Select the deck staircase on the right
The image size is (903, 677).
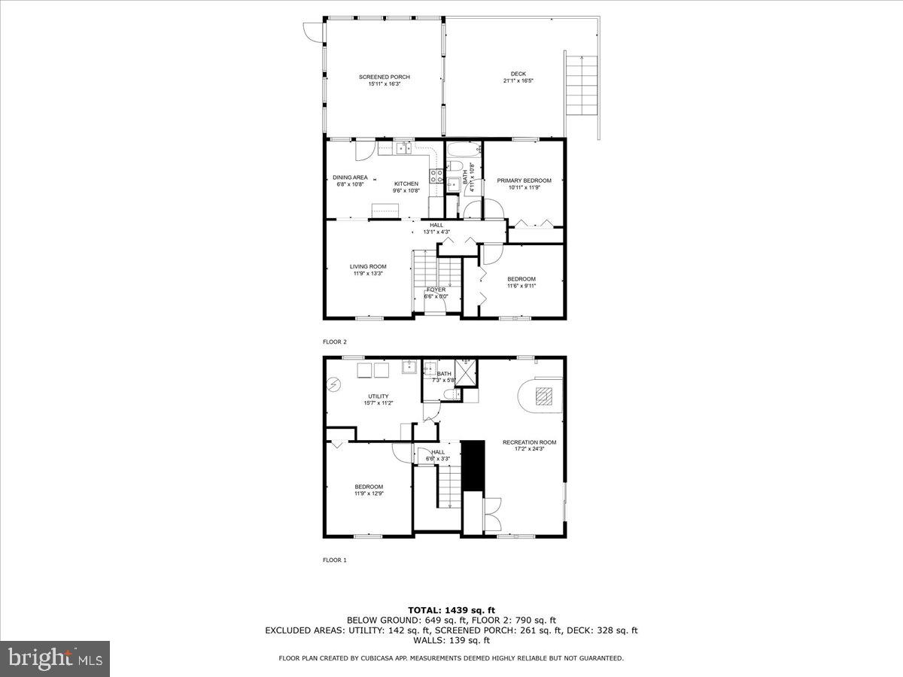(x=581, y=84)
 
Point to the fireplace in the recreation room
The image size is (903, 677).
(x=542, y=396)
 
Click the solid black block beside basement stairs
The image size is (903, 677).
(x=472, y=465)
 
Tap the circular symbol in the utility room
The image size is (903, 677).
(x=333, y=385)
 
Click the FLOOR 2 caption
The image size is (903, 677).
(x=335, y=342)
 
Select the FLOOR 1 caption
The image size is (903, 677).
(x=335, y=560)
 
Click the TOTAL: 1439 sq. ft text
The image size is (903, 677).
(x=451, y=610)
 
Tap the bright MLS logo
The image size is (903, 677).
(x=55, y=658)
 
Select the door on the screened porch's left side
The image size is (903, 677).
(x=310, y=31)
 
